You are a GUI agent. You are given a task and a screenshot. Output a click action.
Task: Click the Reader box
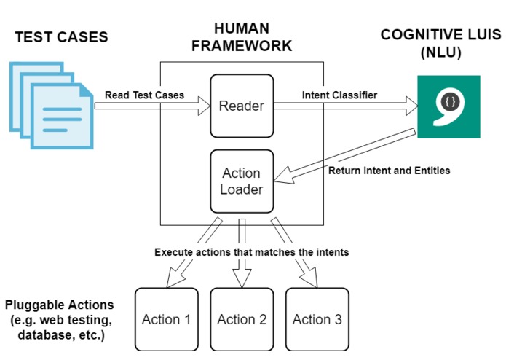coord(242,106)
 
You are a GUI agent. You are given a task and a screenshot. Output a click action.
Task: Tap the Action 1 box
coord(166,319)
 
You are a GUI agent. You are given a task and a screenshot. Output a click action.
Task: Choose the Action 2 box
coord(242,319)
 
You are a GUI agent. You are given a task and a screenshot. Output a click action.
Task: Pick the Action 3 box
coord(317,319)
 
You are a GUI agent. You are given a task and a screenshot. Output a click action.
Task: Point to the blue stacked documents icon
coord(51,106)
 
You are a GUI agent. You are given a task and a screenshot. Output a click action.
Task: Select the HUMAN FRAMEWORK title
coord(242,37)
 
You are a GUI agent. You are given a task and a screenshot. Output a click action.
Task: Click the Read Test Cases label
coord(144,95)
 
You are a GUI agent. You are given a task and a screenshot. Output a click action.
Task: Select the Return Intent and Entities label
coord(389,171)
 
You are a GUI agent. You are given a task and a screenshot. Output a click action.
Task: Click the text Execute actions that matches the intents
coord(251,252)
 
